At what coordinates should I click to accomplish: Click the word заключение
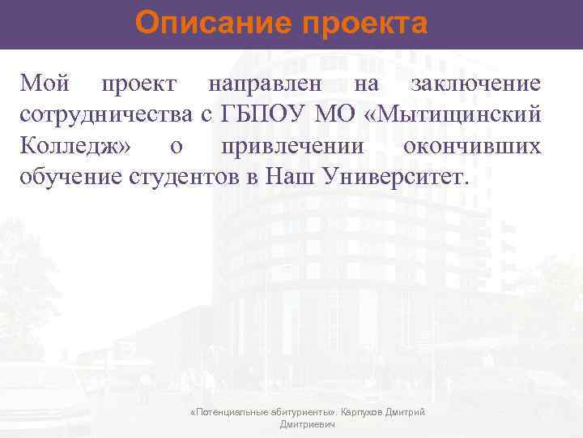point(476,84)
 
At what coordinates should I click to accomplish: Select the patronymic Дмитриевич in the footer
point(307,425)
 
